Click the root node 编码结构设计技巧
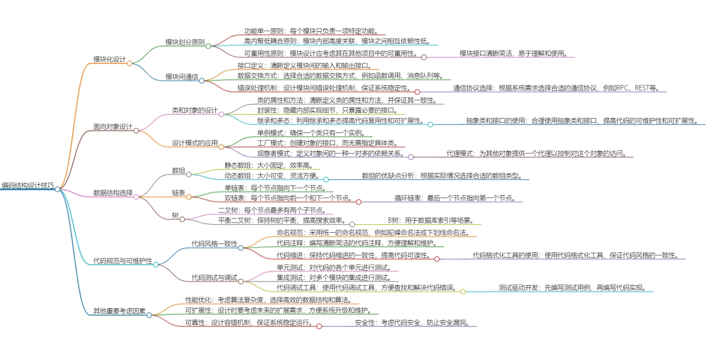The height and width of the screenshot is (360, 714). pos(27,186)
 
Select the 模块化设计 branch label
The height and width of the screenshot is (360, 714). pos(109,59)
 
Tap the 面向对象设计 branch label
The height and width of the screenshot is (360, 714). pos(113,127)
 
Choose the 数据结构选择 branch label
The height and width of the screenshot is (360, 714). pos(113,192)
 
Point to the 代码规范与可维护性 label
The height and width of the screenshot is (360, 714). pos(123,261)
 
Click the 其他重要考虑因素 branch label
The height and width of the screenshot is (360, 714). pos(119,312)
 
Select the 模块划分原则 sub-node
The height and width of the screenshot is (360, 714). pos(185,42)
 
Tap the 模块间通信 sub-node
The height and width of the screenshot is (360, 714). pos(181,77)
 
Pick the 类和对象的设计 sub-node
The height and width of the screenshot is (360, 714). pos(195,110)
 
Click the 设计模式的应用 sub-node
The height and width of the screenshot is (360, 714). pos(195,143)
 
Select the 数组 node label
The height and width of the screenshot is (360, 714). pos(178,170)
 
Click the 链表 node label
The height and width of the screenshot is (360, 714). pos(178,193)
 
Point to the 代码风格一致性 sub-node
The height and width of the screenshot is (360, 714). pos(214,244)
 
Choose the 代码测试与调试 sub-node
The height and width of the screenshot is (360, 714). pos(214,278)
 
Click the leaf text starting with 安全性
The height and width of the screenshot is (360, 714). pos(412,323)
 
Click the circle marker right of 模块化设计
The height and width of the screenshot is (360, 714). pos(130,63)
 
